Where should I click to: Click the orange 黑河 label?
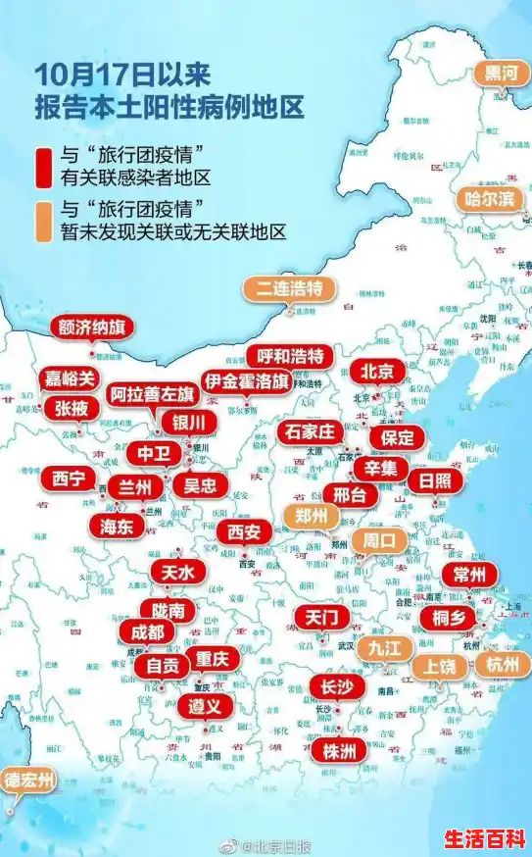[x=504, y=74]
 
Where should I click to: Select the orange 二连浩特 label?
[x=290, y=288]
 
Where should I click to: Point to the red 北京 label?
[x=376, y=372]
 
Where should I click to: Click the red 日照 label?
[x=436, y=480]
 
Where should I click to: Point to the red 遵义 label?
[x=206, y=705]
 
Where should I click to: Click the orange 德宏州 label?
[x=28, y=781]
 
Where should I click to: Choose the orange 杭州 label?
[x=504, y=664]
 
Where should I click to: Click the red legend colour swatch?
[x=41, y=167]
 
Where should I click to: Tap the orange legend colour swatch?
[x=41, y=221]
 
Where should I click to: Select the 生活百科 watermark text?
[x=484, y=838]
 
